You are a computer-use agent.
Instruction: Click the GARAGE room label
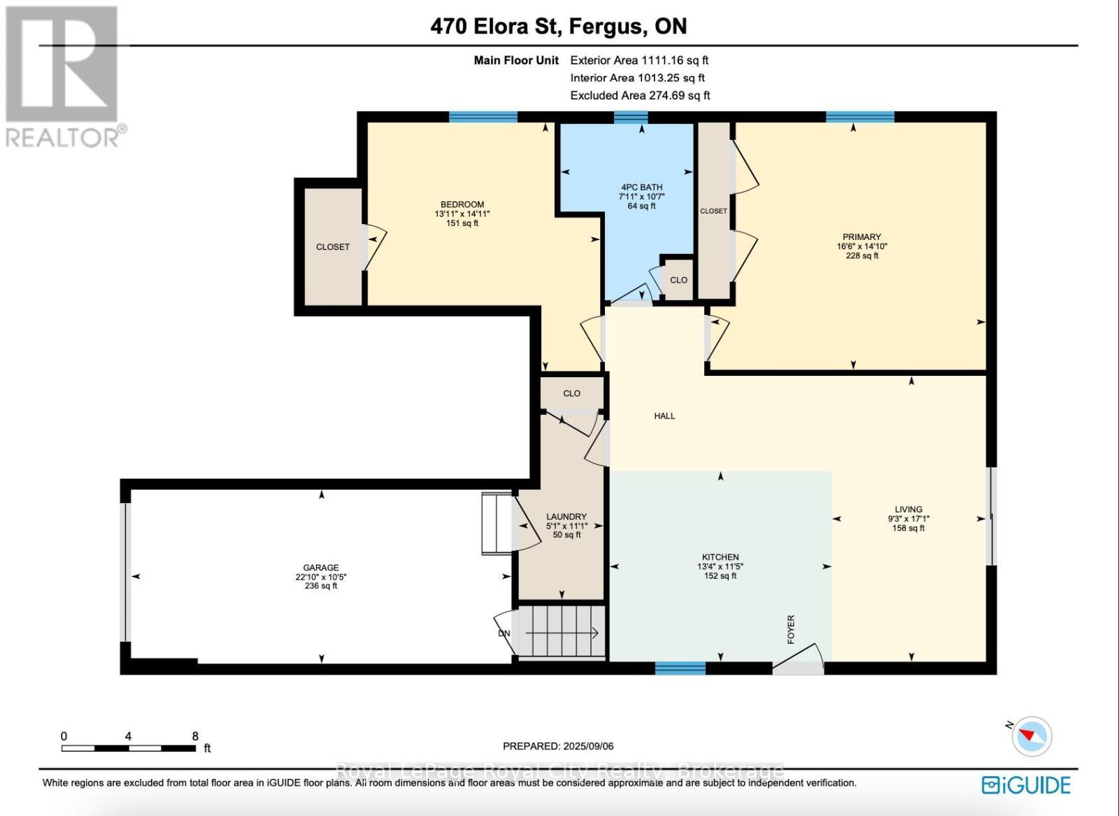[x=321, y=568]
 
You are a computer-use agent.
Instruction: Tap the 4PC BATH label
[x=641, y=188]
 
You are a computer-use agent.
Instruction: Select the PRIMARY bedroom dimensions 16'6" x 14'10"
[x=862, y=246]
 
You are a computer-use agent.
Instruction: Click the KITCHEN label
[x=720, y=557]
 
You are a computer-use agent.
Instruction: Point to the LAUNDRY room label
[x=566, y=516]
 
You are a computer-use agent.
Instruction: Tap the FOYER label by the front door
[x=791, y=629]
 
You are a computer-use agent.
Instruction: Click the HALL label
[x=664, y=416]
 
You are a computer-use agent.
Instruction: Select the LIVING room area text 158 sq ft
[x=908, y=528]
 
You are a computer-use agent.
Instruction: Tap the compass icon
[x=1032, y=736]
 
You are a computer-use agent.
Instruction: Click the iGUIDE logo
[x=1026, y=785]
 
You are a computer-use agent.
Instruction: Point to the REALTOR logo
[x=63, y=77]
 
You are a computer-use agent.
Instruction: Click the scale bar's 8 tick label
[x=195, y=736]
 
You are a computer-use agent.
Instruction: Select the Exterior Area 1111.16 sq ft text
[x=639, y=61]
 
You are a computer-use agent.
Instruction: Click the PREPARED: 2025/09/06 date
[x=558, y=747]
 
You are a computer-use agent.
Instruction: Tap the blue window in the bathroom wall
[x=631, y=117]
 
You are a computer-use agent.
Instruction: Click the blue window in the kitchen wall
[x=680, y=668]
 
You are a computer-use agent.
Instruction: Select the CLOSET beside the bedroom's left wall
[x=332, y=246]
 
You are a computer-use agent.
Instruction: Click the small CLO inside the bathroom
[x=678, y=279]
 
